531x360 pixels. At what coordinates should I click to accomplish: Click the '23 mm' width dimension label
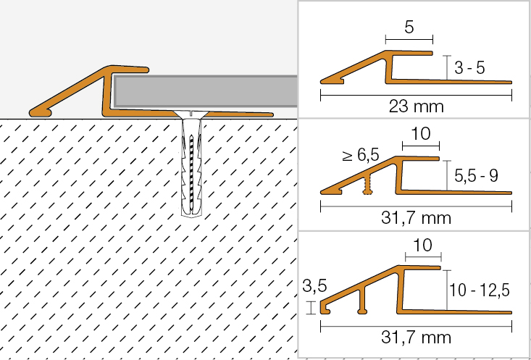(416, 106)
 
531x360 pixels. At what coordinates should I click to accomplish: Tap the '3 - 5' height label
(469, 68)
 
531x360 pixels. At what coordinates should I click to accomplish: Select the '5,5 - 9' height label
(476, 176)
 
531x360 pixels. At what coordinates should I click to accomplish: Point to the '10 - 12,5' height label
(479, 290)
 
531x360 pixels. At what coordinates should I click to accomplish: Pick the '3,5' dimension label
(314, 286)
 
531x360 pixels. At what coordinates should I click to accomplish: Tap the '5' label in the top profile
(409, 27)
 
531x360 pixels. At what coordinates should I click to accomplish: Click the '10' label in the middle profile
(422, 134)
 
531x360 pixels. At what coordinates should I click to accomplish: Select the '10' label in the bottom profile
(422, 245)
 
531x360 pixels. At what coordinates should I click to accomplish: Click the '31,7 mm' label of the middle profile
(416, 218)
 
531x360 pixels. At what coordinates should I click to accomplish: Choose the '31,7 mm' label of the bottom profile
(416, 337)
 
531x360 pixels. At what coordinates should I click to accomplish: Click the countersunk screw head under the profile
(191, 114)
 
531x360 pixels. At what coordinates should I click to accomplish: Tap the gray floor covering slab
(206, 90)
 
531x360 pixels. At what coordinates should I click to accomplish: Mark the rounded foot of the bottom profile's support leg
(363, 311)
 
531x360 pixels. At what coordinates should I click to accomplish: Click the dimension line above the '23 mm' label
(416, 95)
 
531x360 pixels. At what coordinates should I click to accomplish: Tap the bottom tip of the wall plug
(192, 215)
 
